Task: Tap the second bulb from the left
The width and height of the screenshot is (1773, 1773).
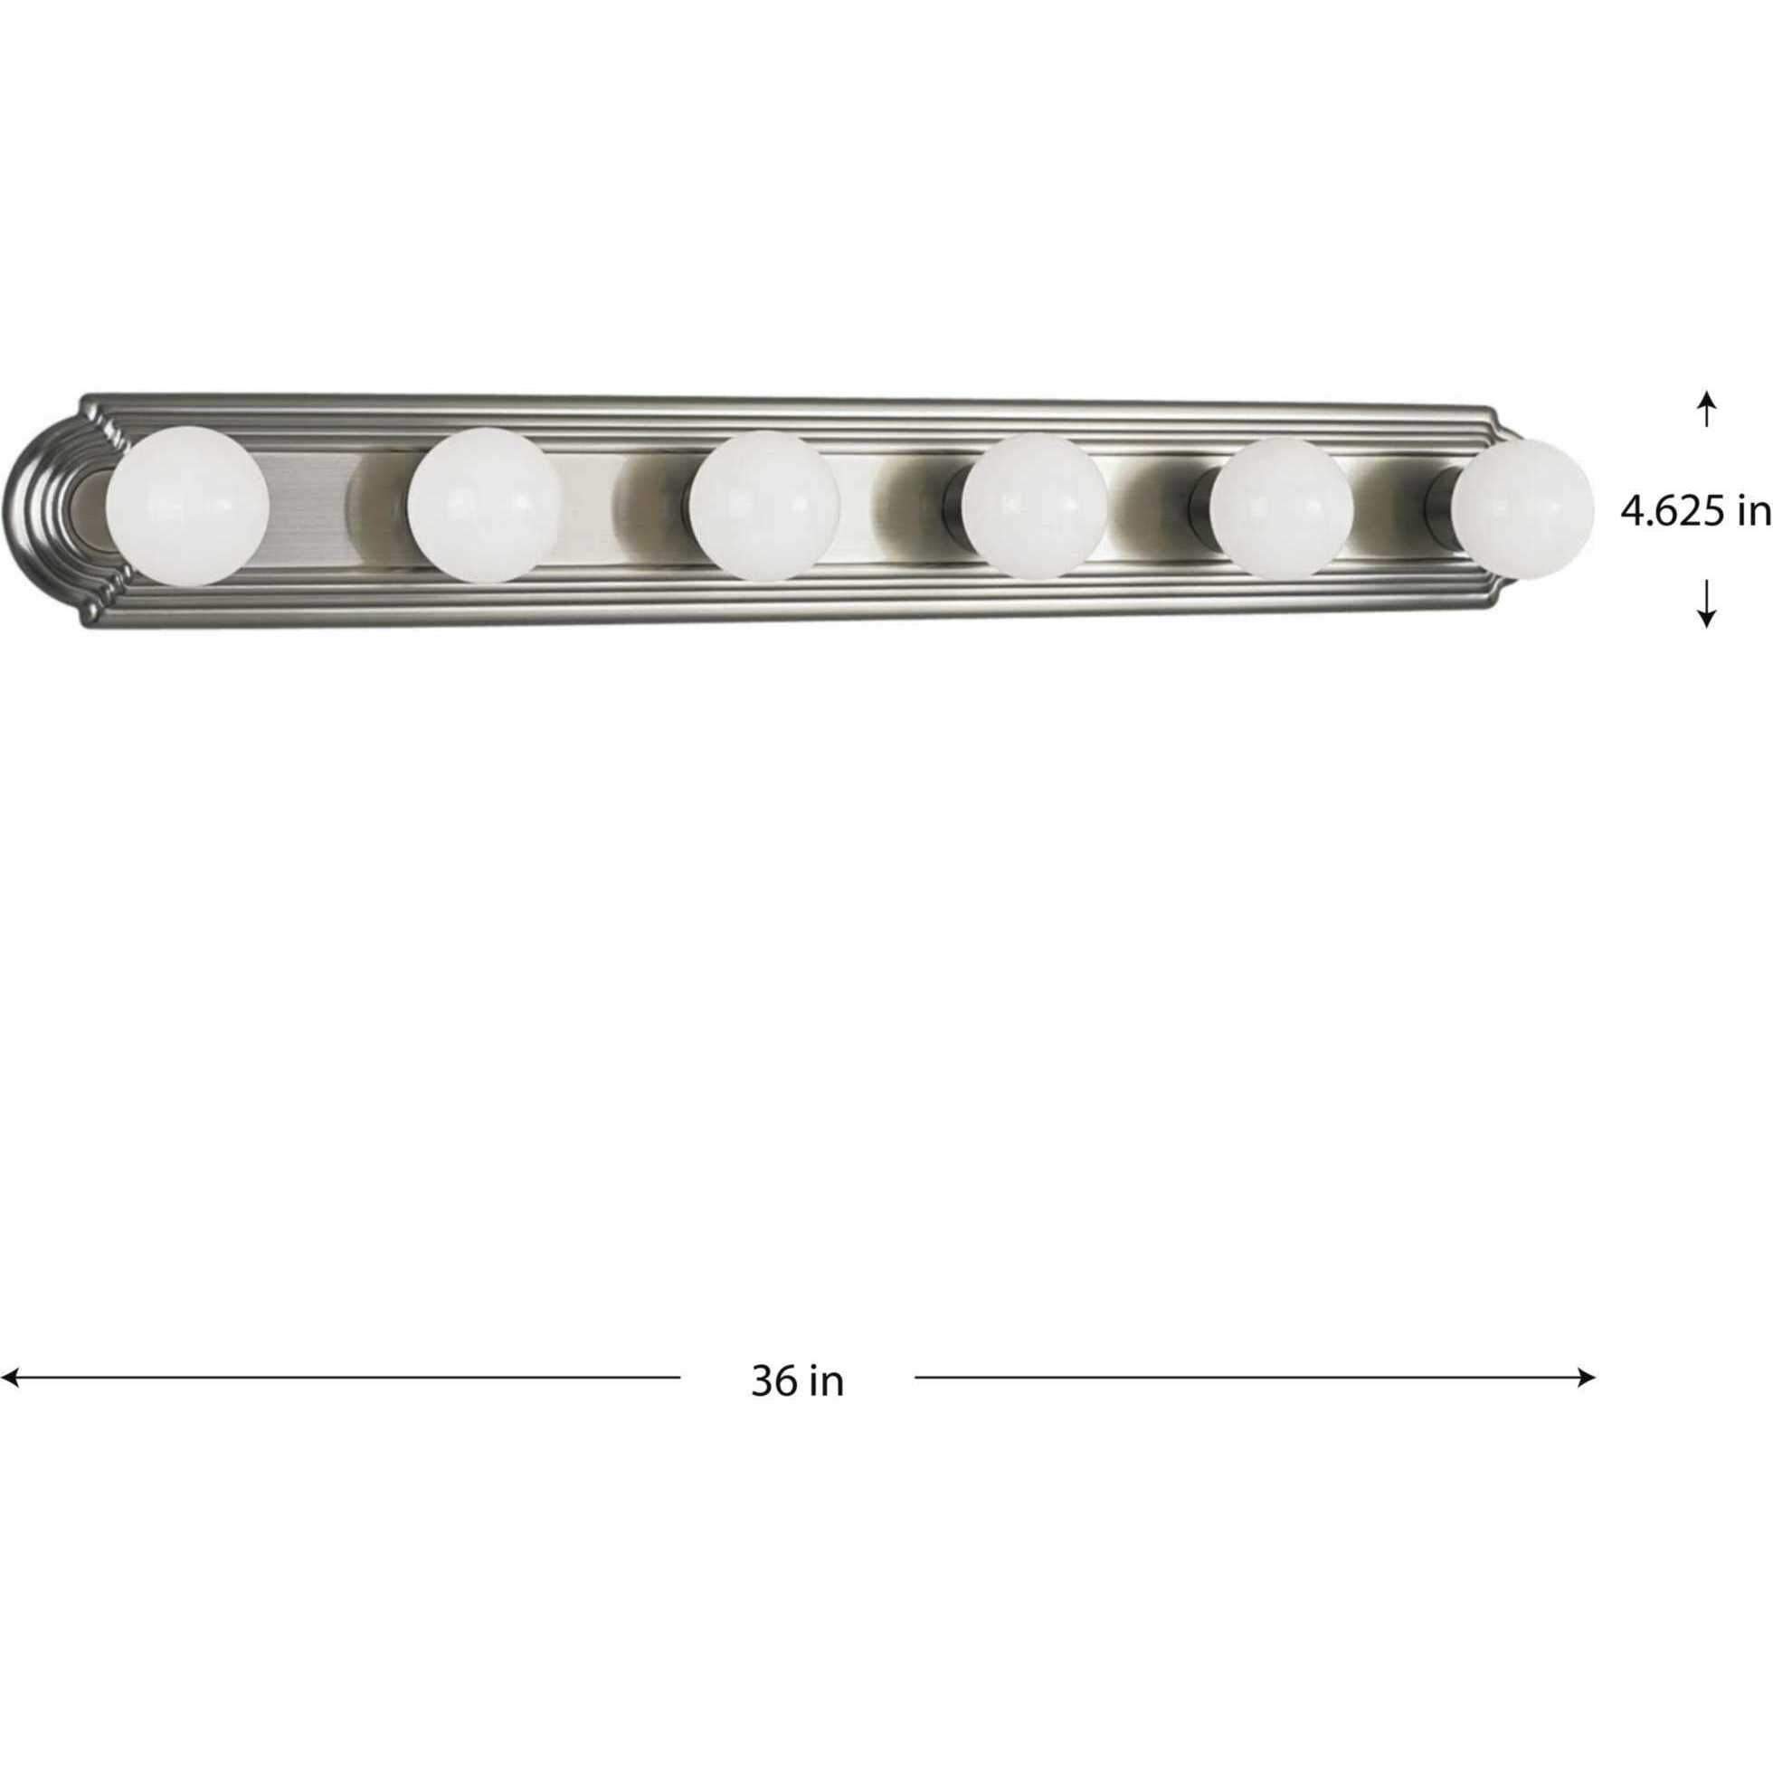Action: (x=484, y=505)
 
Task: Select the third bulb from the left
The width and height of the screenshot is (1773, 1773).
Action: (x=764, y=507)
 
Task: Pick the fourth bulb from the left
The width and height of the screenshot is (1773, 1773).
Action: (x=1035, y=506)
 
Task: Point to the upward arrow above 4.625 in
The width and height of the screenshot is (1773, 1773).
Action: (x=1706, y=409)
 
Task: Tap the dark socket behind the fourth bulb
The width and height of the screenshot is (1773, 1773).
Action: (x=956, y=507)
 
